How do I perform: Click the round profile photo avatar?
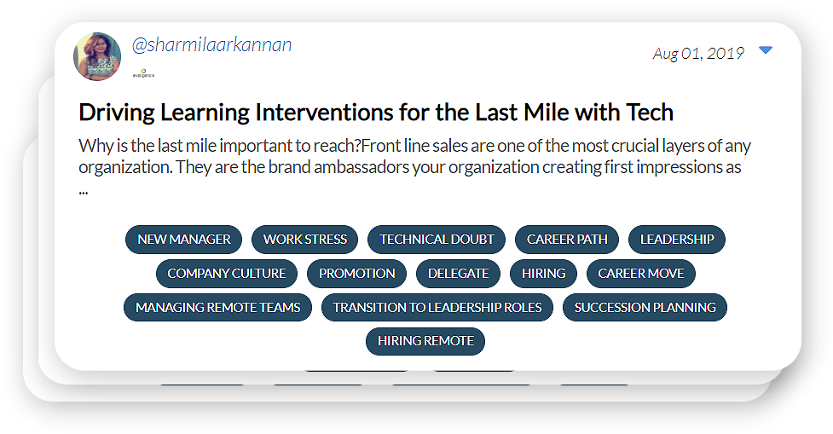pyautogui.click(x=97, y=57)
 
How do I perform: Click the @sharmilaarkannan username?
pyautogui.click(x=211, y=44)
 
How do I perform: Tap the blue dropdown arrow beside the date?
pyautogui.click(x=766, y=50)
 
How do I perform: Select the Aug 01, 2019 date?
pyautogui.click(x=698, y=53)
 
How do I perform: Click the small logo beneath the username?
pyautogui.click(x=143, y=73)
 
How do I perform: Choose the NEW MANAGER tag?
pyautogui.click(x=184, y=240)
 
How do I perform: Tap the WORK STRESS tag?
pyautogui.click(x=305, y=240)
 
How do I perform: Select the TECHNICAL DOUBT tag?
pyautogui.click(x=437, y=240)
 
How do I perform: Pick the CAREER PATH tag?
pyautogui.click(x=567, y=240)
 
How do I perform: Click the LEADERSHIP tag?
pyautogui.click(x=677, y=240)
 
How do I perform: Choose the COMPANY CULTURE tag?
pyautogui.click(x=227, y=274)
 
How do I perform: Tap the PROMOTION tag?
pyautogui.click(x=357, y=274)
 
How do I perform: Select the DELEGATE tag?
pyautogui.click(x=459, y=274)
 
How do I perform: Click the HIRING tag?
pyautogui.click(x=543, y=274)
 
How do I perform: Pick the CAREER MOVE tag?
pyautogui.click(x=640, y=274)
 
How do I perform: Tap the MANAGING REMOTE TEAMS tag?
pyautogui.click(x=217, y=308)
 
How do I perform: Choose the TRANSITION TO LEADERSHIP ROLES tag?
pyautogui.click(x=437, y=308)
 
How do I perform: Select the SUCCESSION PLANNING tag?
pyautogui.click(x=645, y=308)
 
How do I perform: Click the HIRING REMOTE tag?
pyautogui.click(x=425, y=341)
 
